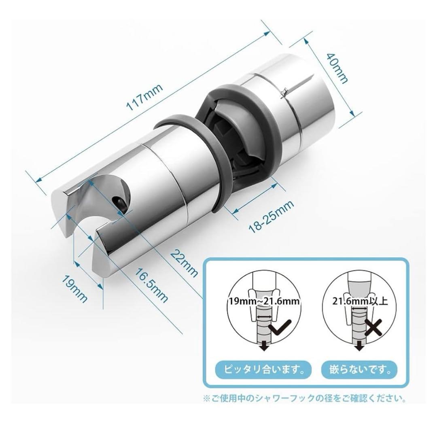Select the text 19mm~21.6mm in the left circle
tap(264, 301)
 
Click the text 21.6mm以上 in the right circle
tap(360, 301)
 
